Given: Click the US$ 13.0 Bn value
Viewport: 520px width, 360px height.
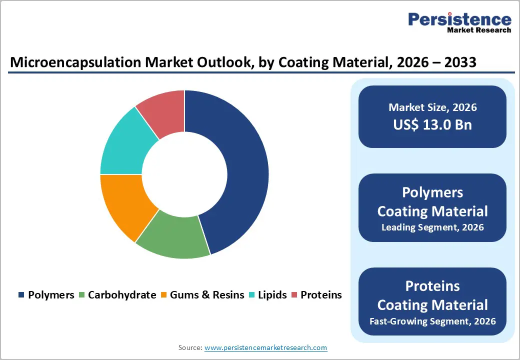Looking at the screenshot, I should click(x=432, y=124).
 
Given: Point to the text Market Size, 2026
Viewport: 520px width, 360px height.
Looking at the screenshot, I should click(x=432, y=107).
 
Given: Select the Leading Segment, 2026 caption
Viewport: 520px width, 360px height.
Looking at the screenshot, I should click(x=432, y=227).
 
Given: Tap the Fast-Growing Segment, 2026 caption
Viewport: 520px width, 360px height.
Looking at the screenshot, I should click(x=432, y=321).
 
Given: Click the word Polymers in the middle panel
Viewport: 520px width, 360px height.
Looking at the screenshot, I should click(x=432, y=192).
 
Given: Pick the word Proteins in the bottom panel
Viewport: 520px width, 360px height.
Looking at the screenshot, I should click(x=432, y=286).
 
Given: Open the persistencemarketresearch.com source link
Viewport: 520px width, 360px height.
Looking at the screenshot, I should click(x=266, y=347).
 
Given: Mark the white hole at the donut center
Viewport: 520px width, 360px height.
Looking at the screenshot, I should click(x=184, y=174).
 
